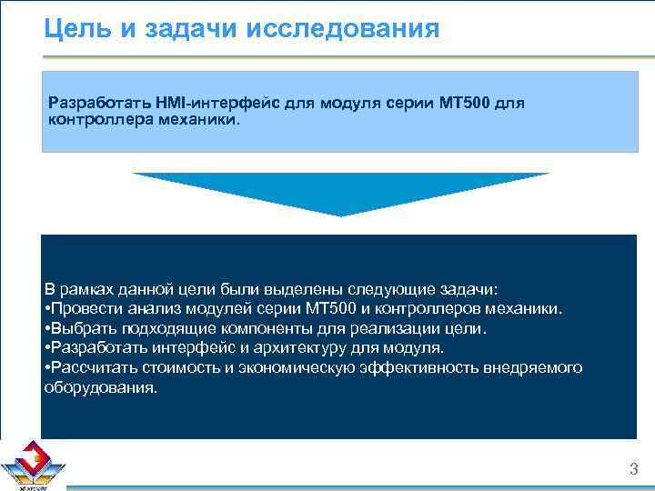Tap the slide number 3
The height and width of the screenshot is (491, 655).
[x=633, y=469]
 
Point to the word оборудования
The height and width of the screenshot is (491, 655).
[x=100, y=386]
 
